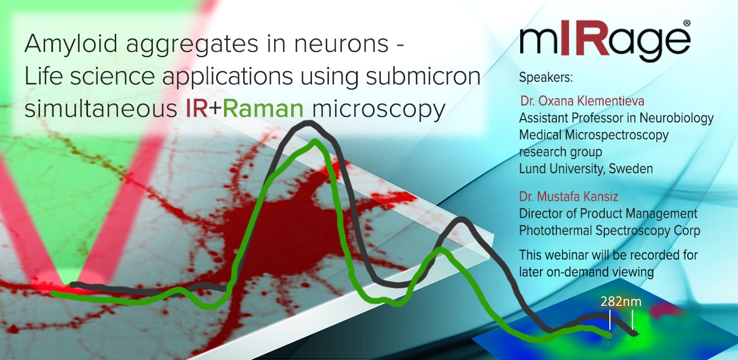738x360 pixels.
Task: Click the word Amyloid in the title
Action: tap(71, 45)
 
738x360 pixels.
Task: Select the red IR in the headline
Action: tap(197, 109)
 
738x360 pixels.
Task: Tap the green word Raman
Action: tap(263, 109)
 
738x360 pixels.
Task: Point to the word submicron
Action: tap(423, 76)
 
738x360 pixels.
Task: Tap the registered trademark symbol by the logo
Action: tap(687, 23)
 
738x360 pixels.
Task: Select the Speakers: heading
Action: tap(546, 78)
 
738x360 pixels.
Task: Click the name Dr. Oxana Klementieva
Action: tap(582, 101)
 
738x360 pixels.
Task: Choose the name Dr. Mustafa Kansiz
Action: tap(569, 196)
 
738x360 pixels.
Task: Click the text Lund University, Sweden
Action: tap(586, 169)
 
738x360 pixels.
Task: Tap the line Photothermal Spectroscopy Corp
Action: tap(609, 231)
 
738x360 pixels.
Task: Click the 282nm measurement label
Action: tap(621, 301)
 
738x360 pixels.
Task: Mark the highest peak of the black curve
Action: tap(308, 123)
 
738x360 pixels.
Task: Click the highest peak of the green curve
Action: tap(315, 142)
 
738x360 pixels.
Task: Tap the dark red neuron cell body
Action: tap(290, 217)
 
